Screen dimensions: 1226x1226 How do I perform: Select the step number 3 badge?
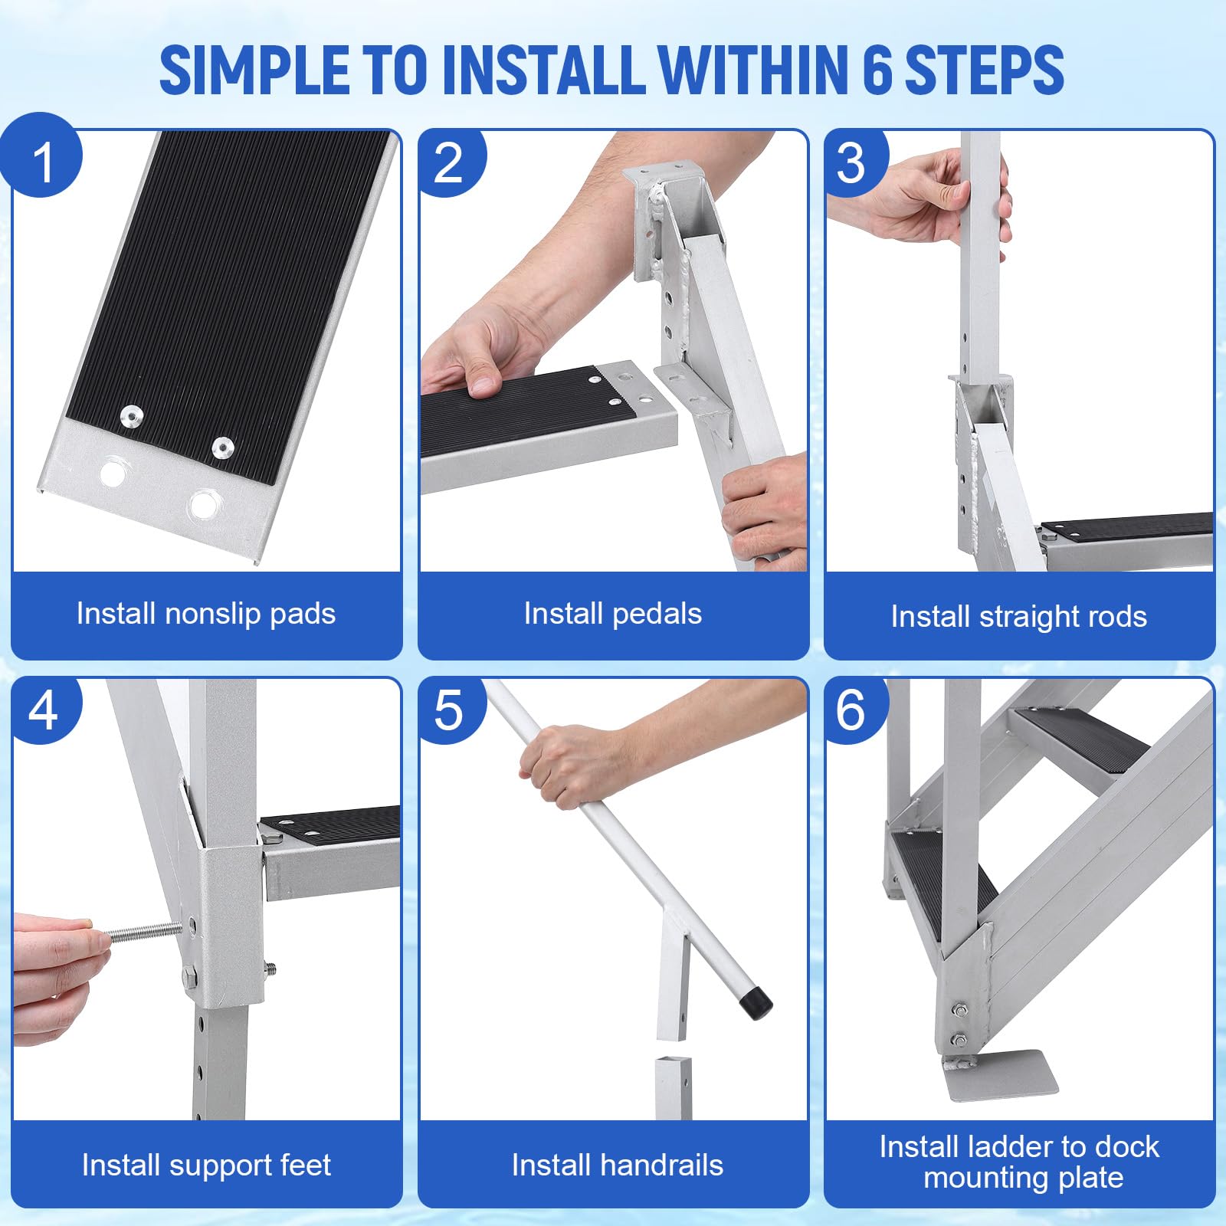click(x=855, y=161)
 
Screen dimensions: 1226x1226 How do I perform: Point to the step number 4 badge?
click(x=44, y=710)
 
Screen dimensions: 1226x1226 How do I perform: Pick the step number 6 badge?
click(x=855, y=710)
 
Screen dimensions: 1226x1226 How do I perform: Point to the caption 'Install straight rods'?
click(x=1019, y=617)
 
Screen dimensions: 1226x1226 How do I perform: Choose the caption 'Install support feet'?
click(x=206, y=1165)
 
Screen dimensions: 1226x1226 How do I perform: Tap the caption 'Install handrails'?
click(x=618, y=1165)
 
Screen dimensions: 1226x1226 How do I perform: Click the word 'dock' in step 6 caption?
click(x=1126, y=1147)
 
